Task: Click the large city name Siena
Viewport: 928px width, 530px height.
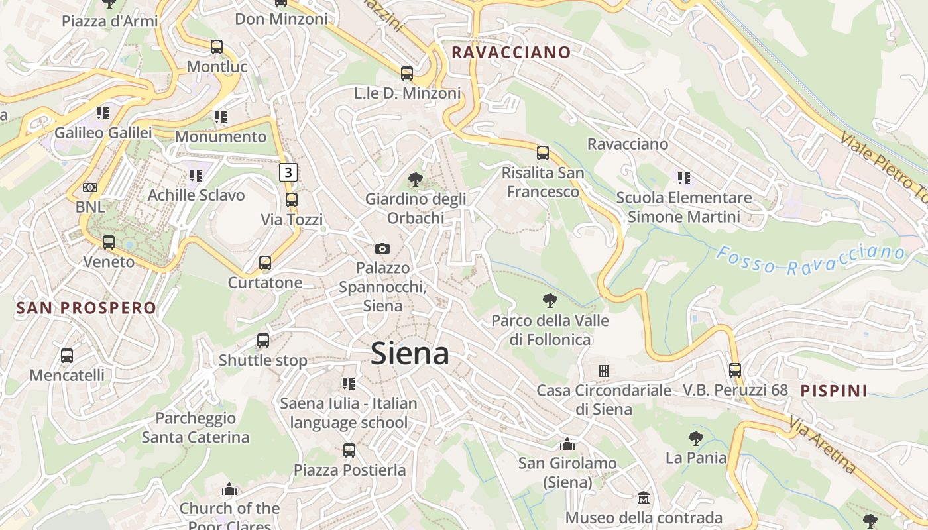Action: tap(410, 354)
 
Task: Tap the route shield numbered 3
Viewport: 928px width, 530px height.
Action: tap(288, 172)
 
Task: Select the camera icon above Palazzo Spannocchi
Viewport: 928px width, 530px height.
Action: tap(382, 248)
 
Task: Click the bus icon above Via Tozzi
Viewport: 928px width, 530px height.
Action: tap(292, 199)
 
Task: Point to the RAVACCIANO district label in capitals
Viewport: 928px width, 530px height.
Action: tap(510, 52)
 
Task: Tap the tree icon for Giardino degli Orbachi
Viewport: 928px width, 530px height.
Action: tap(416, 179)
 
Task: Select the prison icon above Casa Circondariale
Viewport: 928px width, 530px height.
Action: tap(603, 370)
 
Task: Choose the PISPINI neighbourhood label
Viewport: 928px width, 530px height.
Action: tap(834, 390)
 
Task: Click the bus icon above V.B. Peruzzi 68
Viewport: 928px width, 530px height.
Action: tap(734, 370)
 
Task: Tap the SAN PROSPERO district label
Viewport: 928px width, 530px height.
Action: tap(86, 308)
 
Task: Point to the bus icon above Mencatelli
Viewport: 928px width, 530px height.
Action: tap(67, 355)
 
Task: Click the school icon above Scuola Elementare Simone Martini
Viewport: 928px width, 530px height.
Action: tap(684, 178)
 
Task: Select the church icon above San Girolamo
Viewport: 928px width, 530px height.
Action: tap(567, 443)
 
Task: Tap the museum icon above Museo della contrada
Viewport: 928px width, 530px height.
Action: tap(643, 498)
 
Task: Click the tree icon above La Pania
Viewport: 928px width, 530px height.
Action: tap(695, 438)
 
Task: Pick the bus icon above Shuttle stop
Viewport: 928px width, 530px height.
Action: tap(263, 341)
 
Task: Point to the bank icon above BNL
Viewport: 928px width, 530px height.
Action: tap(90, 187)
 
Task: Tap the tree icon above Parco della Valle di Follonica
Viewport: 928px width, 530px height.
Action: tap(550, 301)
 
